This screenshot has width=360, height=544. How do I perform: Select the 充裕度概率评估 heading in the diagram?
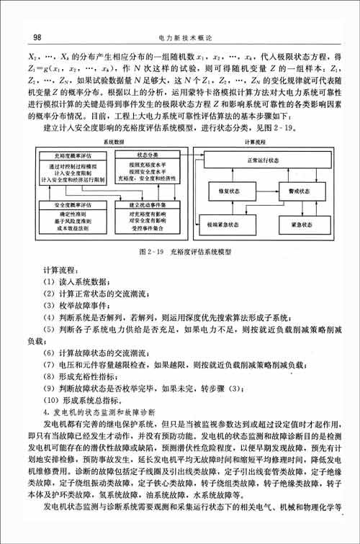tap(71, 155)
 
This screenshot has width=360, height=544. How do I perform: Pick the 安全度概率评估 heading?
tap(71, 205)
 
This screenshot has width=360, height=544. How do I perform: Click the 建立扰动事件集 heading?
tap(147, 205)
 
